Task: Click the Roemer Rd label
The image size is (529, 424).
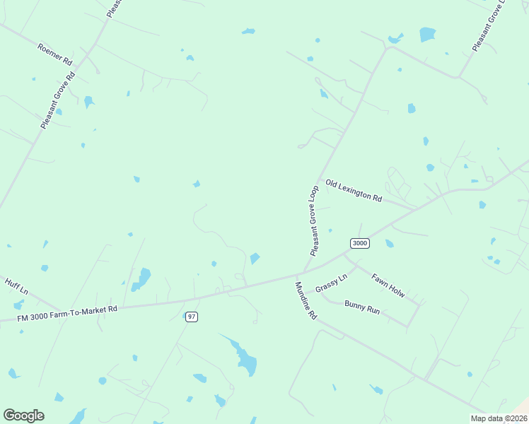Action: tap(55, 54)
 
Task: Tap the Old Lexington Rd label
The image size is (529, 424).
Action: tap(354, 190)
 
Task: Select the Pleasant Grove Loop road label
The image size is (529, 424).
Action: tap(315, 221)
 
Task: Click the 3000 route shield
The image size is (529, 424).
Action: tap(359, 243)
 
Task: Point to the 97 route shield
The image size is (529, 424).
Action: tap(191, 317)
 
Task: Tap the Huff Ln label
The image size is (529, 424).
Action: tap(16, 285)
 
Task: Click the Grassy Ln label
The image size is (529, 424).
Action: tap(332, 284)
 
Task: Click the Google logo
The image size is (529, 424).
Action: tap(23, 416)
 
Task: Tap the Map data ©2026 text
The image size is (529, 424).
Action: tap(499, 418)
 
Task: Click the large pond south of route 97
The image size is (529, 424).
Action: tap(244, 359)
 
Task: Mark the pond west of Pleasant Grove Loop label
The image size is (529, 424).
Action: tap(255, 259)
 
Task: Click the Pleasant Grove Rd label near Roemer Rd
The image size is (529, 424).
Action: tap(58, 98)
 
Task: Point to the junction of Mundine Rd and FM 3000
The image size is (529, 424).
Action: tap(298, 274)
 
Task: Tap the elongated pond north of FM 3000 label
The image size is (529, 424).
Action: tap(141, 278)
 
